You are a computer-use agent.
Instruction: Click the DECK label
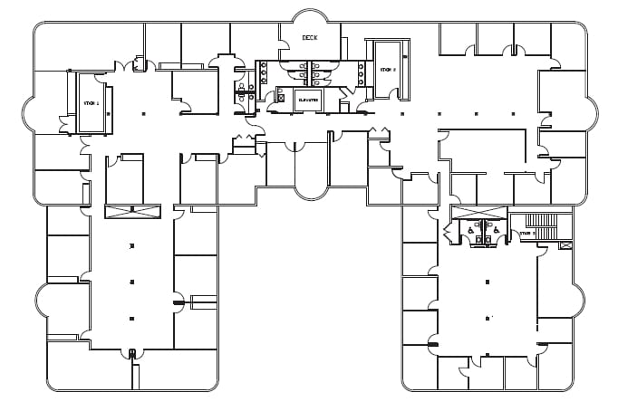[310, 38]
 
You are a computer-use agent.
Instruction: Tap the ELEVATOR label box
[308, 99]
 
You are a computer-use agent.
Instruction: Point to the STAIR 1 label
[92, 103]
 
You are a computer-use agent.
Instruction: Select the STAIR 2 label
[388, 70]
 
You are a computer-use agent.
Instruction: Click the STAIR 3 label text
[527, 234]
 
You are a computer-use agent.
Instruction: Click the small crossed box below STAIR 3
[566, 245]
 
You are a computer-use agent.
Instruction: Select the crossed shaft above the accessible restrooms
[479, 213]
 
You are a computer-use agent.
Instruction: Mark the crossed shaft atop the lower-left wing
[132, 212]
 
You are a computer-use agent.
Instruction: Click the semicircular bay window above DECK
[310, 15]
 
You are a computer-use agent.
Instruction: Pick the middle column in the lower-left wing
[132, 282]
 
